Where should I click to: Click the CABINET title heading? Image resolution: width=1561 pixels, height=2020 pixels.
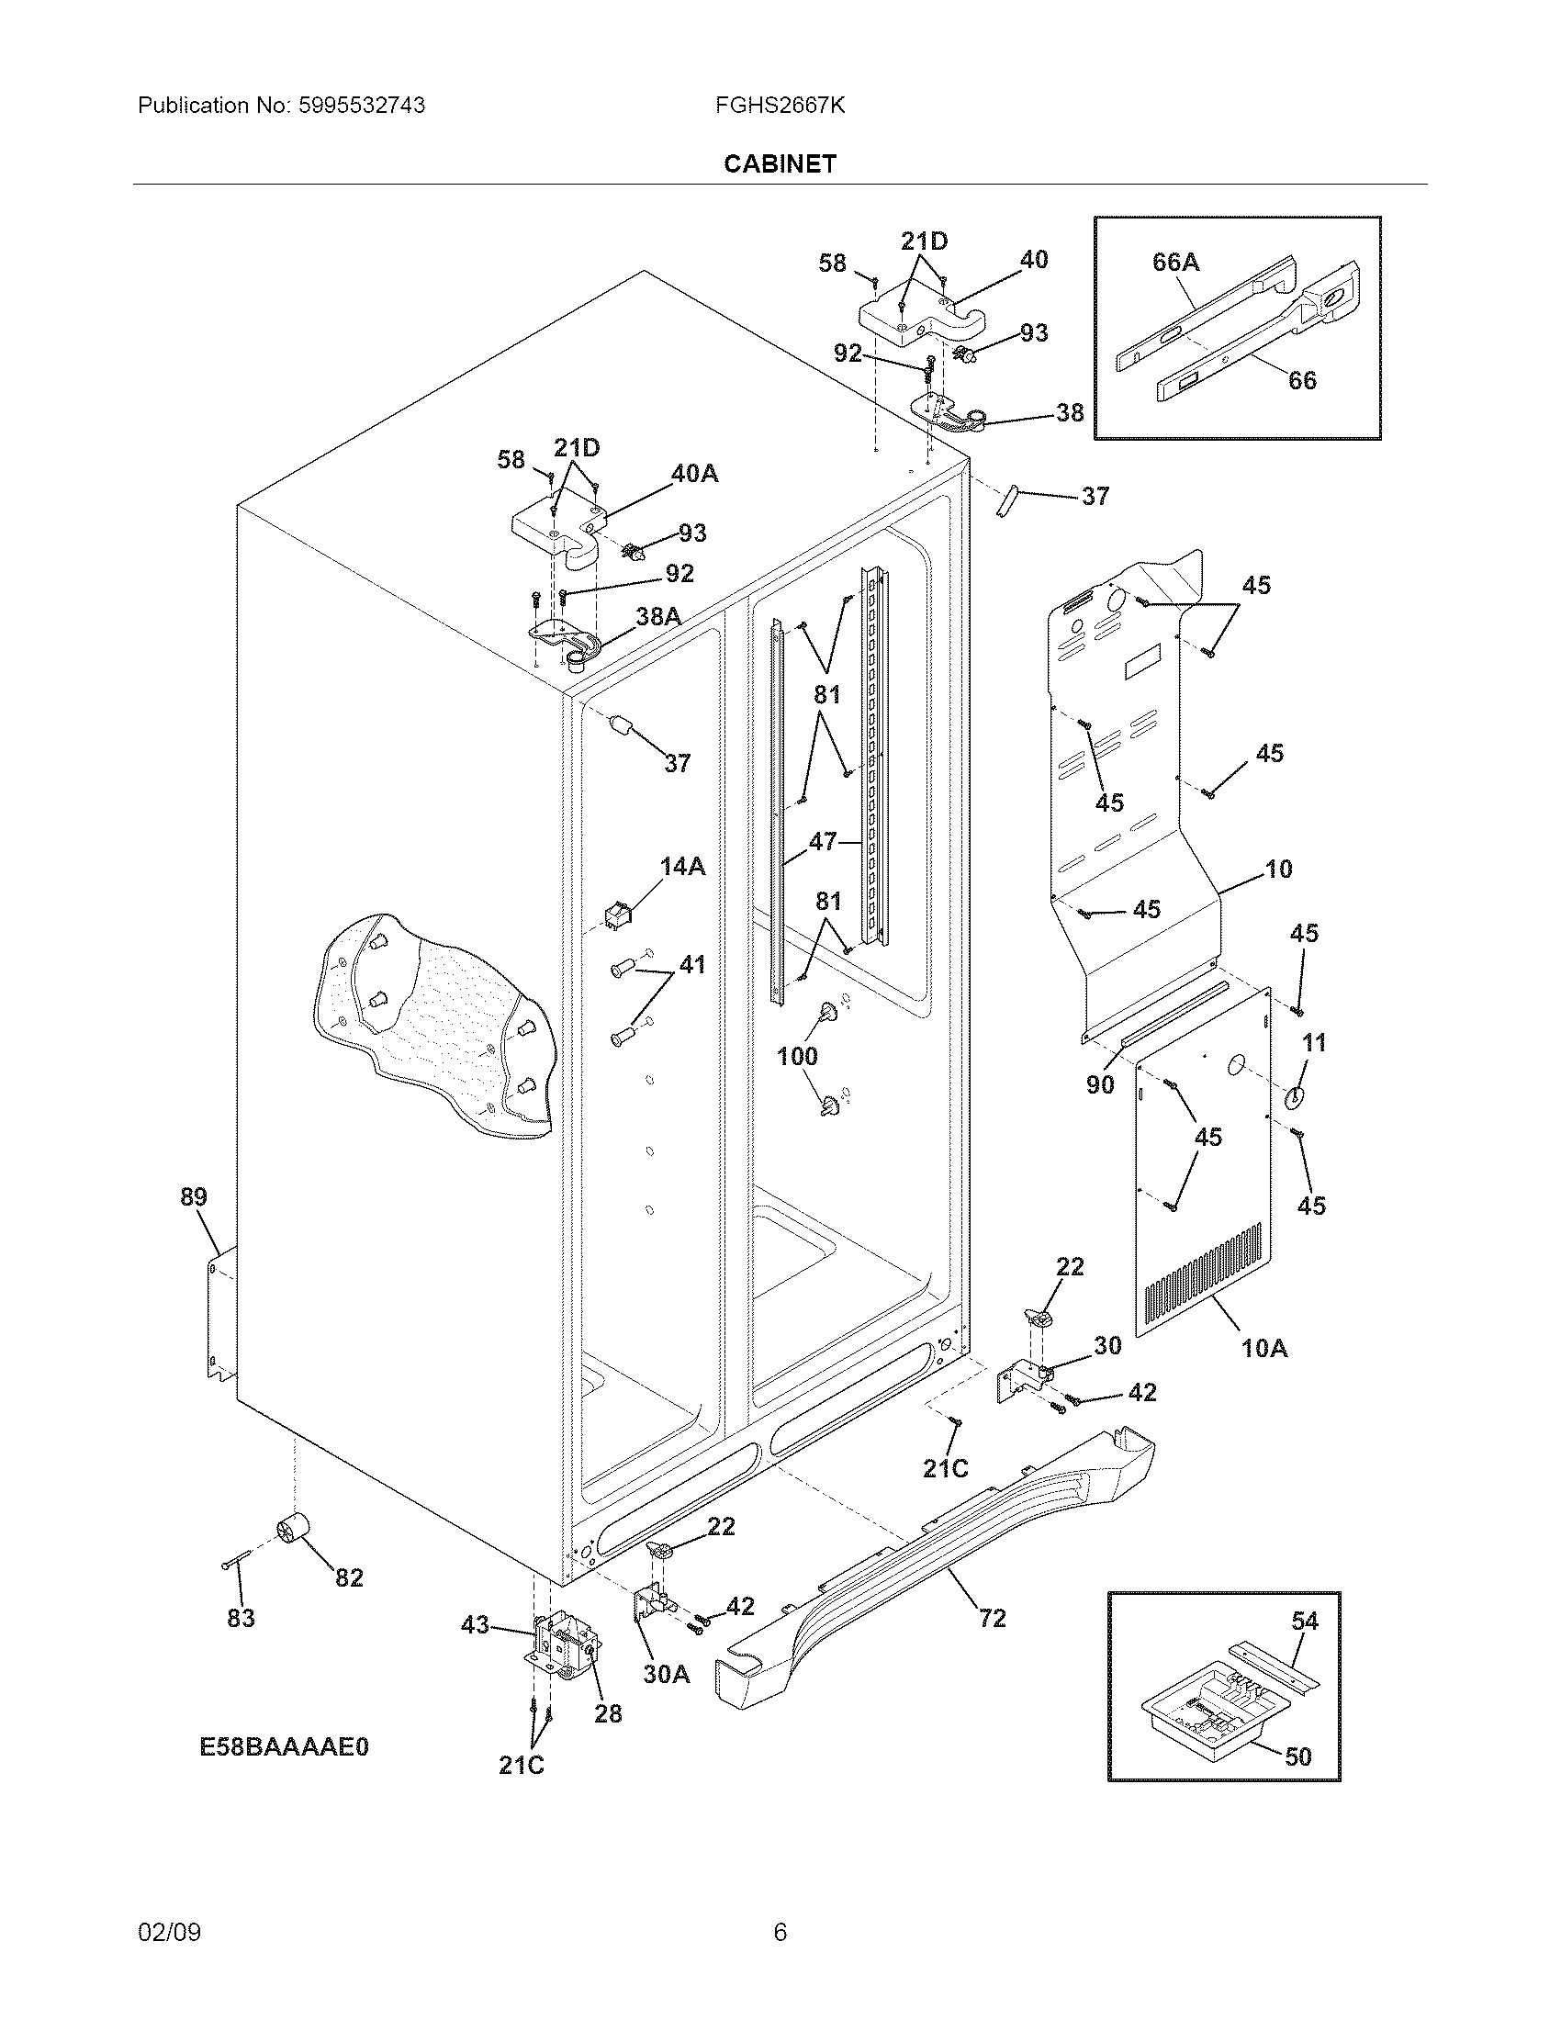[780, 163]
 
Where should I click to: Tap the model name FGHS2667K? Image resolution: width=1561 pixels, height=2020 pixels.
[780, 106]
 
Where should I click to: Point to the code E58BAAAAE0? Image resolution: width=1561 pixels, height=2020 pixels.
[284, 1746]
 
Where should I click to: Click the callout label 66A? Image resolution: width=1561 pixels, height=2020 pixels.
[1175, 263]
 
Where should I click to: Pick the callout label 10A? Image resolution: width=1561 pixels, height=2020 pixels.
[1263, 1349]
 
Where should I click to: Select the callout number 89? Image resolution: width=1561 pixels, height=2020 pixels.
[193, 1196]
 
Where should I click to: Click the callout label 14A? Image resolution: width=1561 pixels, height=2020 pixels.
[682, 867]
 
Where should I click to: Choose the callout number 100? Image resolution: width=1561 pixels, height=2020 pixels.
[797, 1056]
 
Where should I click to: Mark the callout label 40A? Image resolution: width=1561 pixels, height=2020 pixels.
[694, 474]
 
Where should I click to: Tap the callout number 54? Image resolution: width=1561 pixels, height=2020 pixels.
[1305, 1621]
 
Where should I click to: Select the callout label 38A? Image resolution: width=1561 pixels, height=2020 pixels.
[658, 616]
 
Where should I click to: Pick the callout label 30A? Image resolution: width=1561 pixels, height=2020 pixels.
[666, 1674]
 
